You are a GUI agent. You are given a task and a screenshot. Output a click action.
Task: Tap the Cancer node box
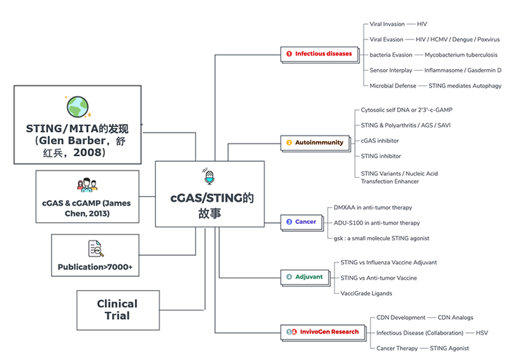(x=301, y=222)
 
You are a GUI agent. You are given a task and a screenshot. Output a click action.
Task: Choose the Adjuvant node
(x=305, y=277)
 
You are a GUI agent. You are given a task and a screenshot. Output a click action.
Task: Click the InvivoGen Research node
(x=323, y=332)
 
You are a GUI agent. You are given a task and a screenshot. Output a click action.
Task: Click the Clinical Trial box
(x=117, y=310)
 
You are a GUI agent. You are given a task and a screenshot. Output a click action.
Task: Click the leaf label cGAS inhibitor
(x=380, y=141)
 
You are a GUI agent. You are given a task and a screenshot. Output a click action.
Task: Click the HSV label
(x=482, y=332)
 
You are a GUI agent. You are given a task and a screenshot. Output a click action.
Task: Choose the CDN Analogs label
(x=455, y=318)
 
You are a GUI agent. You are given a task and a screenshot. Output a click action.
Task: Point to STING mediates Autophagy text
(x=465, y=86)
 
